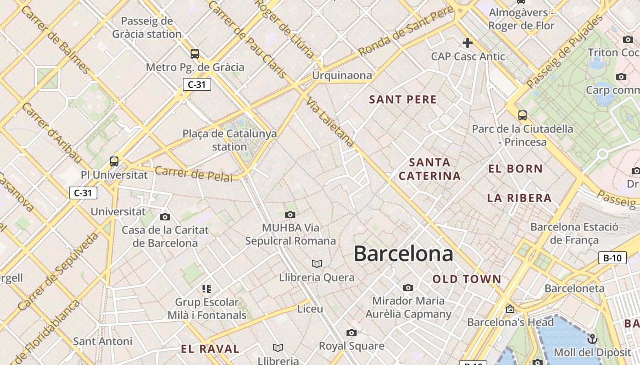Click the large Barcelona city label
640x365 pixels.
pos(403,254)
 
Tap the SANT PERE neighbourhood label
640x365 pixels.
pos(403,99)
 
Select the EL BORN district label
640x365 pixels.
pos(515,169)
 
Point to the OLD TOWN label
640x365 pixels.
pos(467,279)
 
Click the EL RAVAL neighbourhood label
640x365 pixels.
pos(210,349)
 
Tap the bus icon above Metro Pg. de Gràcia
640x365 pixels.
pos(195,54)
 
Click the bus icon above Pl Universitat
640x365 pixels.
pos(114,161)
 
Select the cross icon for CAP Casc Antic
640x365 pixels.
pos(467,43)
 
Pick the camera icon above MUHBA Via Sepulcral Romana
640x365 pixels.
pos(290,214)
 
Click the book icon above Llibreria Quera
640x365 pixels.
pos(316,264)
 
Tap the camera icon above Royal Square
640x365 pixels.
pos(351,333)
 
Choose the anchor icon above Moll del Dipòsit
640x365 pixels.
pos(592,339)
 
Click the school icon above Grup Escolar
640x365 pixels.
pos(207,288)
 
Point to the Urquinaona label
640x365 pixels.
pos(342,76)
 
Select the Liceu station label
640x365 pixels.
pos(310,309)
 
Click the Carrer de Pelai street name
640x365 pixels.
pos(194,174)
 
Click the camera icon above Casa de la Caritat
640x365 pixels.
pos(165,217)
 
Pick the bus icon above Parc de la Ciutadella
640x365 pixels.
pos(523,115)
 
